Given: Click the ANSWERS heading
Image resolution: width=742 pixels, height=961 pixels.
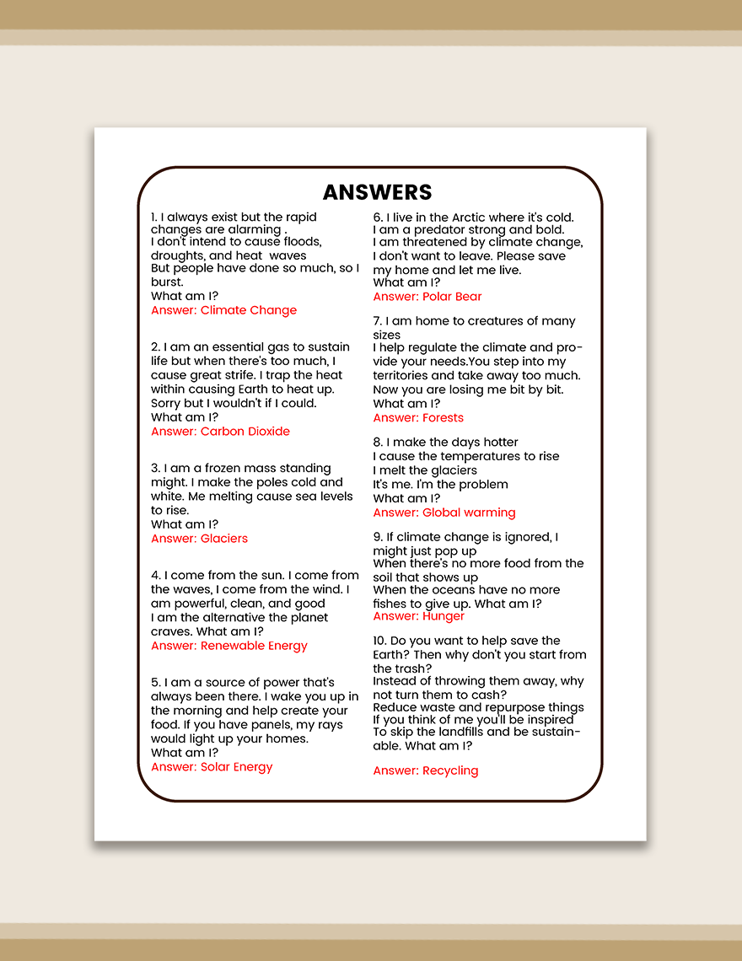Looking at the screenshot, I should [377, 192].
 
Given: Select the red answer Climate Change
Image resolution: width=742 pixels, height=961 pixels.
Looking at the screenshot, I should [223, 310].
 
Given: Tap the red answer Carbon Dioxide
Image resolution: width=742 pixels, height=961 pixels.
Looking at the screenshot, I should [220, 432].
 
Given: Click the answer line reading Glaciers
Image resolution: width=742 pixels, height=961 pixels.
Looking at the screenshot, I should [199, 539].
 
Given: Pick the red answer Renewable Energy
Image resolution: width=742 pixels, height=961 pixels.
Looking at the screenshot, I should [229, 647].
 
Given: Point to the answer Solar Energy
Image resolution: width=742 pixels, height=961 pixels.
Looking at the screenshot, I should [212, 767].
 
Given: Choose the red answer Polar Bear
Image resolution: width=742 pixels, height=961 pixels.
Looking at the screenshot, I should [427, 297].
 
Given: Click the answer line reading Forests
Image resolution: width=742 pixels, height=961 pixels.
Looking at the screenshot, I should [418, 418].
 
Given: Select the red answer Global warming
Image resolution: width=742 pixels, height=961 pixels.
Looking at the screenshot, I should [444, 513].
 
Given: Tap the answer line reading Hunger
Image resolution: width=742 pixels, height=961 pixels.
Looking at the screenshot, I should [419, 616].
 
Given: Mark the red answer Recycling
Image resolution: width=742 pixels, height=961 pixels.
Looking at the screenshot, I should [426, 770].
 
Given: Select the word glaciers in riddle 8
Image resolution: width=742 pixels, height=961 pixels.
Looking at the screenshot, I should [451, 470].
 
